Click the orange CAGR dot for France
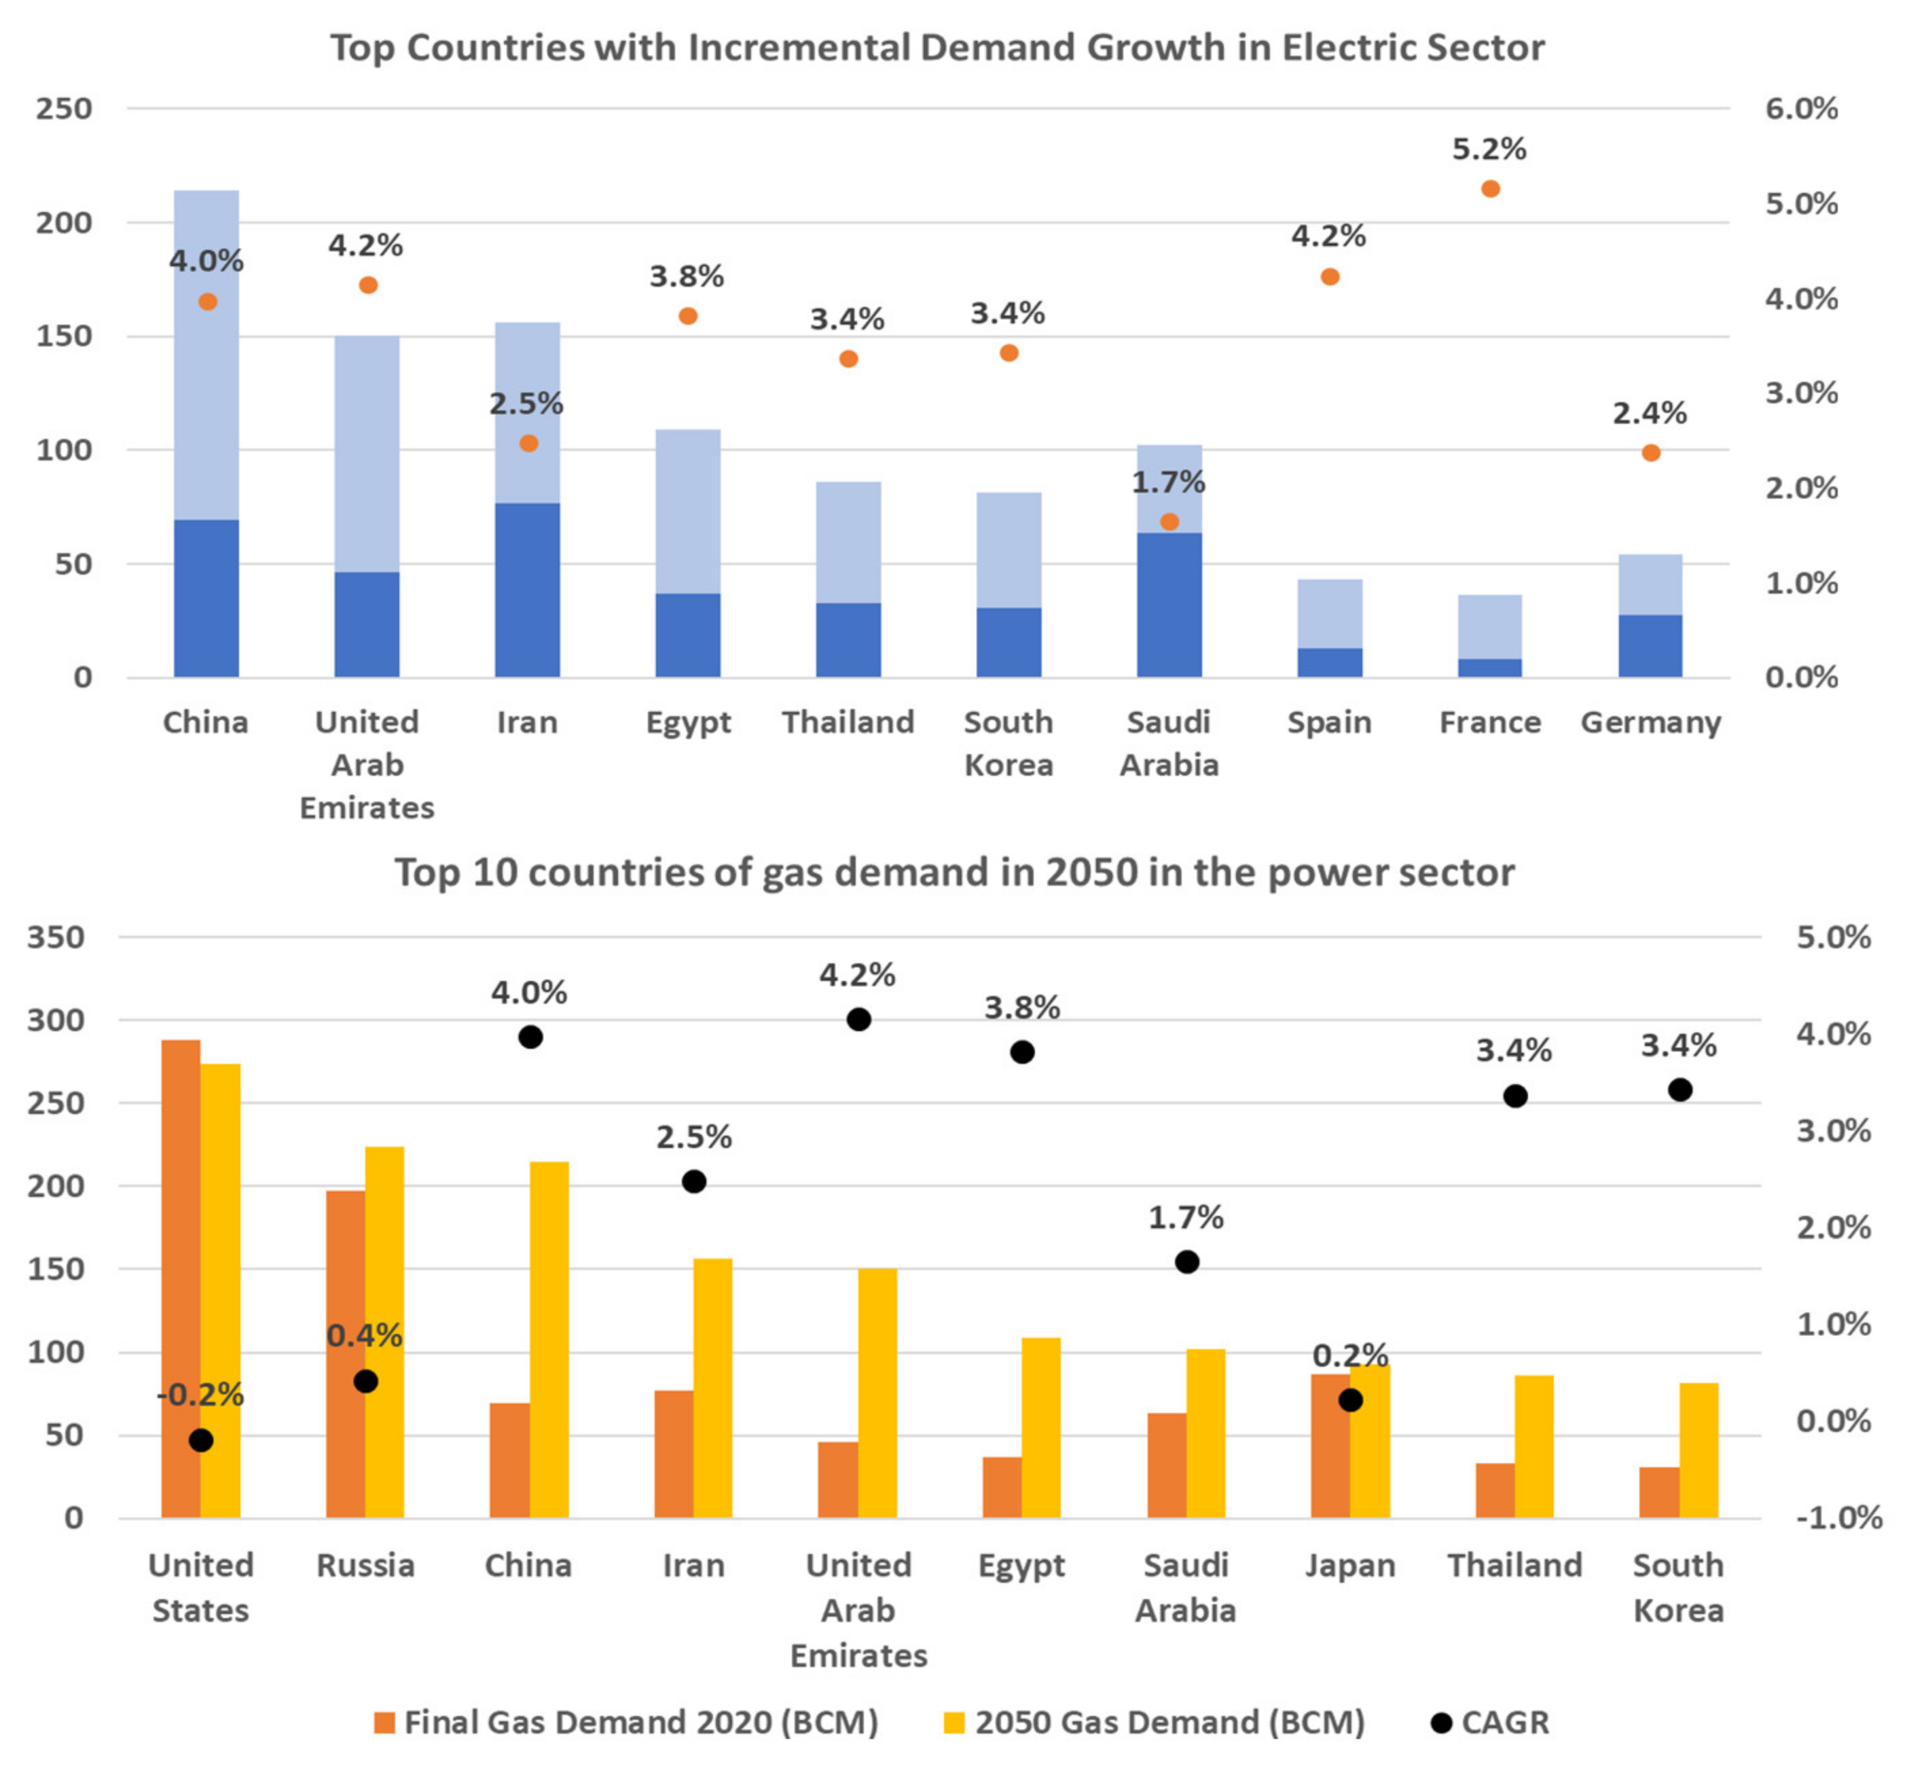[1490, 189]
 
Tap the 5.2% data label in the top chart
[1489, 149]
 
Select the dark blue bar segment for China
[206, 598]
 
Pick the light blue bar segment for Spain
[1330, 614]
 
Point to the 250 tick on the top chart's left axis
[65, 109]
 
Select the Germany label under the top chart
[1650, 723]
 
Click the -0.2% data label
[200, 1394]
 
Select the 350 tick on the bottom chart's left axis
[56, 937]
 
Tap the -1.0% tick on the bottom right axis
[1838, 1518]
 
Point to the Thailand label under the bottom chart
[1514, 1565]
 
